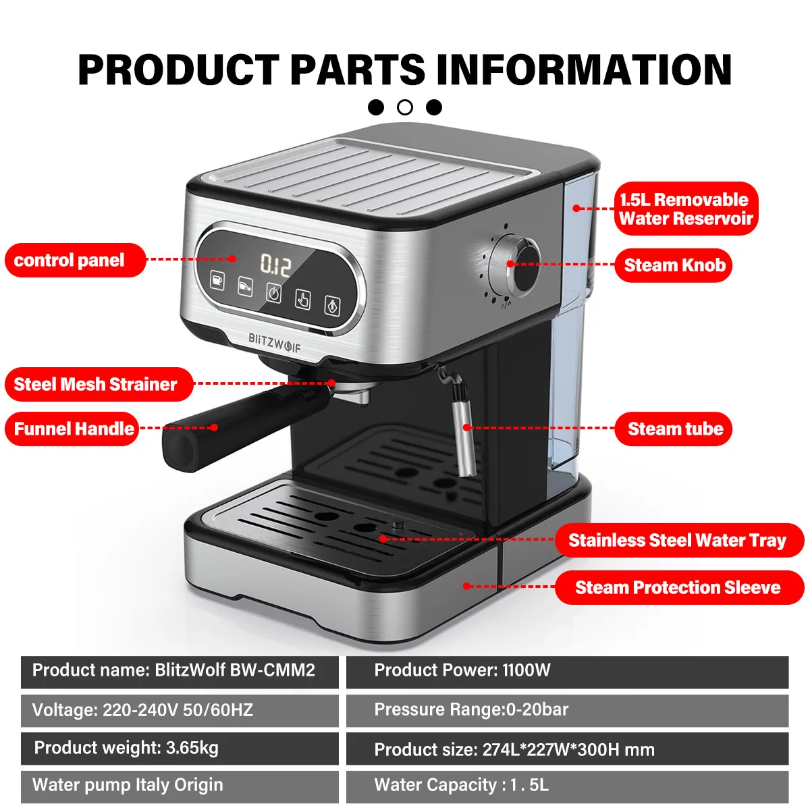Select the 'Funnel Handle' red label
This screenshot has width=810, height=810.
pyautogui.click(x=72, y=429)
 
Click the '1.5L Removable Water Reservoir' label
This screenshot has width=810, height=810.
pyautogui.click(x=686, y=209)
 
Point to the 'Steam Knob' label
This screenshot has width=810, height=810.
pyautogui.click(x=674, y=265)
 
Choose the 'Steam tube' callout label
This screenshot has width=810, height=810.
pyautogui.click(x=674, y=429)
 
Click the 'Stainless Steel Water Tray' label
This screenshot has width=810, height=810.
pyautogui.click(x=678, y=540)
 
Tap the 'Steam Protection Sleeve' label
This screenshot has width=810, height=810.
pyautogui.click(x=678, y=587)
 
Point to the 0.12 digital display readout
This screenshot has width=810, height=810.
pyautogui.click(x=275, y=265)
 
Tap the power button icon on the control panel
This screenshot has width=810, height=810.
pyautogui.click(x=273, y=293)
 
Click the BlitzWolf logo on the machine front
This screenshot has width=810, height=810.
pyautogui.click(x=274, y=343)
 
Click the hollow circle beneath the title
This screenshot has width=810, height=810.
pyautogui.click(x=405, y=107)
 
